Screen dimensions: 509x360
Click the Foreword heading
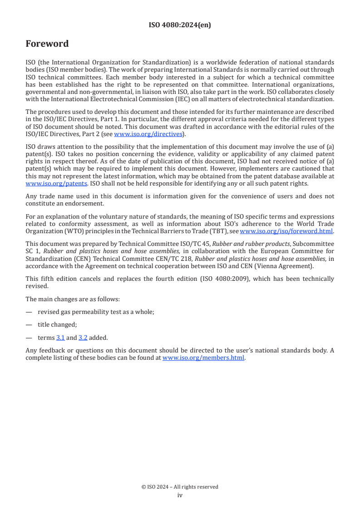(47, 44)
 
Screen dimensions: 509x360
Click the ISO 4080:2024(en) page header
(180, 25)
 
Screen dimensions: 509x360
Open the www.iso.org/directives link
(148, 134)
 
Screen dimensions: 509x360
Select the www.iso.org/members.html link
(203, 357)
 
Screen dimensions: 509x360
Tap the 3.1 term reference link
(60, 338)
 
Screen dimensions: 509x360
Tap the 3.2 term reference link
(83, 338)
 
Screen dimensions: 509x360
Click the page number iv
(180, 495)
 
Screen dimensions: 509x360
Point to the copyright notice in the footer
(180, 487)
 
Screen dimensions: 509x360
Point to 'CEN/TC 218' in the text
(177, 259)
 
